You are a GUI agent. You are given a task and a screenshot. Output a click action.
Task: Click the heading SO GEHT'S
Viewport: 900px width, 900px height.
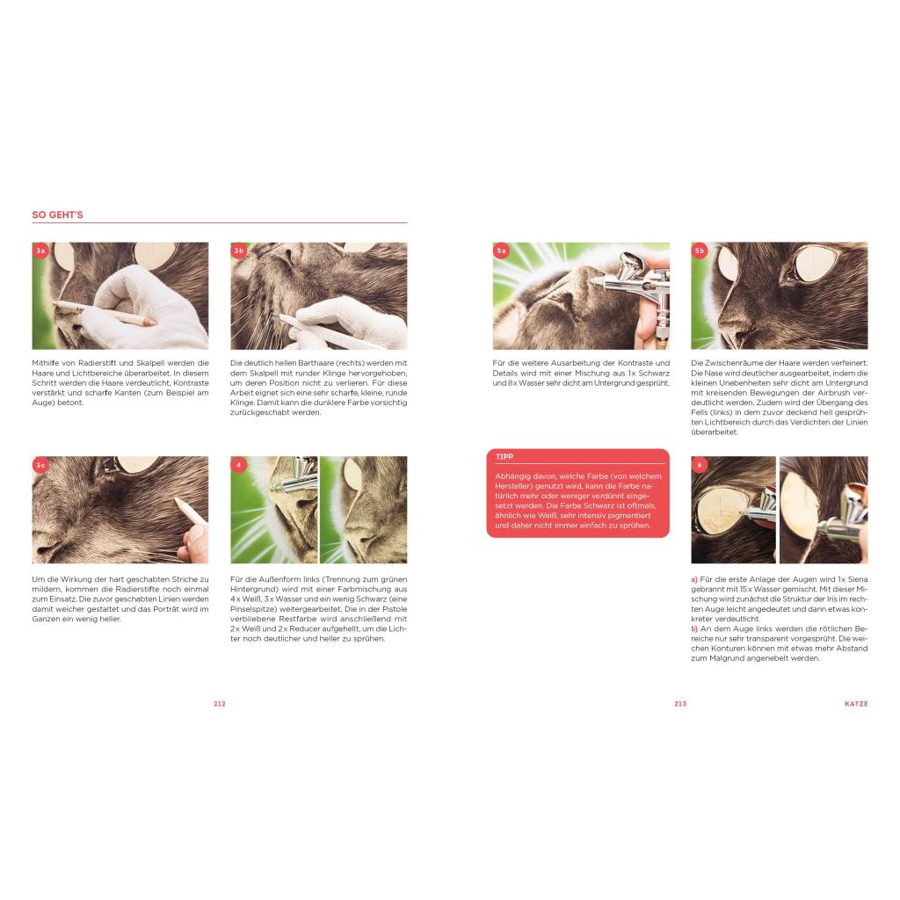57,214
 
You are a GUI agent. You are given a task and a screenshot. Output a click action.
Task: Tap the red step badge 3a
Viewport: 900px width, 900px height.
40,250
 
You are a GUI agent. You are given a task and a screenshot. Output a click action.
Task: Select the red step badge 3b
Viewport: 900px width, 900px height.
239,250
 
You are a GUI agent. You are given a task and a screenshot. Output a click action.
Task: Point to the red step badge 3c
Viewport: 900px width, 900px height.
40,465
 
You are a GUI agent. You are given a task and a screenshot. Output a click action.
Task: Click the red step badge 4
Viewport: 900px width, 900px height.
239,465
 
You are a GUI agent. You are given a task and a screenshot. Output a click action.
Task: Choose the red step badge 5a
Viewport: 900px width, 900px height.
501,250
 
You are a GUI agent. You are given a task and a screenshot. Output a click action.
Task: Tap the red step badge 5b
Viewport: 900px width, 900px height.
699,250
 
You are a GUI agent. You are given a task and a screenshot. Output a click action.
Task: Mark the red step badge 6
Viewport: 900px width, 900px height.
699,465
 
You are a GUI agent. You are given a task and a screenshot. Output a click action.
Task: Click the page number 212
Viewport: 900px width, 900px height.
219,704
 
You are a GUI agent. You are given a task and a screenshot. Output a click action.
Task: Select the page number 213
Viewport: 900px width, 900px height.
680,704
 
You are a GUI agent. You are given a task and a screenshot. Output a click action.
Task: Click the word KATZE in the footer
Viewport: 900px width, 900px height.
856,704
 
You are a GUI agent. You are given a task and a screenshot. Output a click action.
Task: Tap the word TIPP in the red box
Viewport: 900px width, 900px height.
504,456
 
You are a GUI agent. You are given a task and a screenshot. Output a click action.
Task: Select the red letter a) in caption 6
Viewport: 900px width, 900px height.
694,579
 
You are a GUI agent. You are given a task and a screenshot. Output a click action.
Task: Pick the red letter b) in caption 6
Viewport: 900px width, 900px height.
694,628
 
